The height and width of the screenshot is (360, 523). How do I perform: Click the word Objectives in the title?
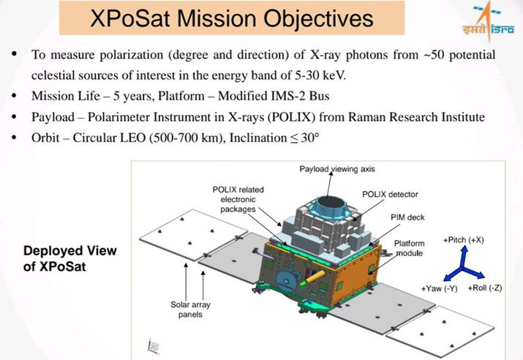pos(318,18)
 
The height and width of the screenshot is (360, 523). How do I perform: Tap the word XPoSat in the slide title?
pos(131,18)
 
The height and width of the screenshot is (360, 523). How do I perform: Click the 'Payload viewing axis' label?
pos(337,169)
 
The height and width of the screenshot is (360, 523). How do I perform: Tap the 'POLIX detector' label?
pos(390,194)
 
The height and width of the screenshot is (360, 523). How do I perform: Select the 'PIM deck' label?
pos(407,217)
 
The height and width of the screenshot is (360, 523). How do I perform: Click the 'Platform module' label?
pos(410,248)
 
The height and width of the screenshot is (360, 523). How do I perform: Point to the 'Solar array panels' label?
pos(190,310)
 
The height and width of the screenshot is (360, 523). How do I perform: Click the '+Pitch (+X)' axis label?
pos(463,240)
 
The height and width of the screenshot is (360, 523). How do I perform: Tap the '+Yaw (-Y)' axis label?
pos(439,288)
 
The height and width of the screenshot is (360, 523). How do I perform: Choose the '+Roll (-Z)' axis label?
pos(485,288)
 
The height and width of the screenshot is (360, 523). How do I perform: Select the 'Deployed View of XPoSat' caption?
pos(70,258)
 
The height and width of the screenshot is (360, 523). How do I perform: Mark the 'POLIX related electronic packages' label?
pos(238,199)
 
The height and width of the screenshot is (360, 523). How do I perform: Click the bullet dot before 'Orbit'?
pos(14,137)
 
